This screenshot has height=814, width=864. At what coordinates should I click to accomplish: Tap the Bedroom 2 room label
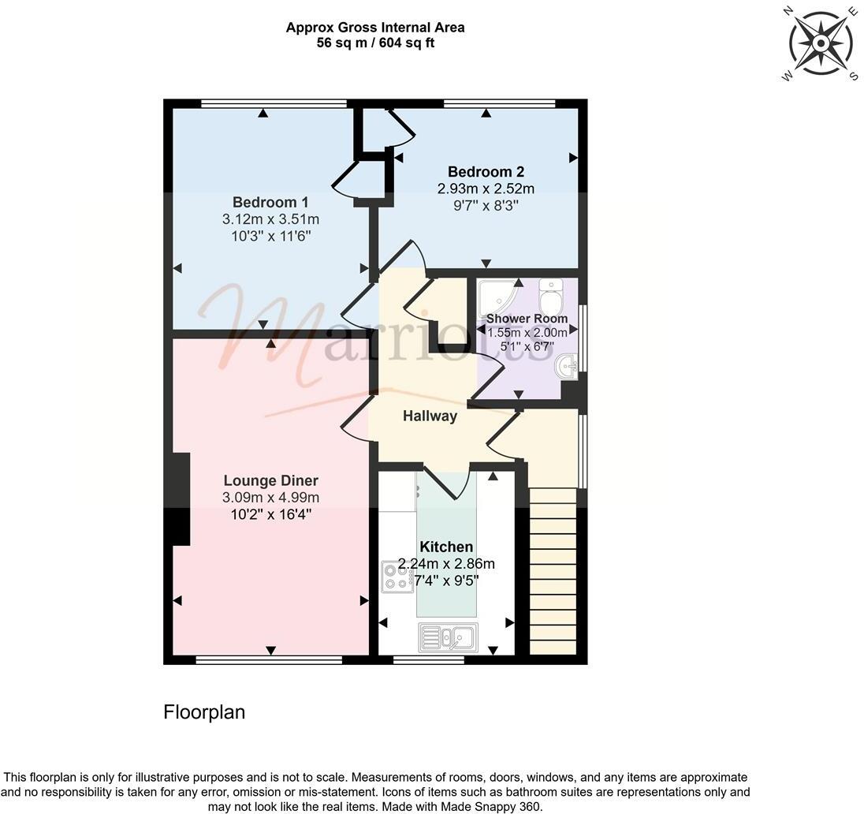(x=486, y=172)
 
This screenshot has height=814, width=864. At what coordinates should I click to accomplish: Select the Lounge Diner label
(x=270, y=480)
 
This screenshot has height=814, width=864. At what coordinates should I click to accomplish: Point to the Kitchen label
(x=446, y=547)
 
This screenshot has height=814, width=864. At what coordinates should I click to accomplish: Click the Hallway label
(x=430, y=416)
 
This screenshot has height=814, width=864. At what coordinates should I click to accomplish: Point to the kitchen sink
(x=446, y=637)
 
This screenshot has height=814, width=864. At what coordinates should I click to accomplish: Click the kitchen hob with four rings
(x=397, y=577)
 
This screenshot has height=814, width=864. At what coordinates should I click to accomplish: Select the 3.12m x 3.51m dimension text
(x=270, y=219)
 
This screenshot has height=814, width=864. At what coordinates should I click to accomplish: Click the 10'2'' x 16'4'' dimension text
(x=270, y=513)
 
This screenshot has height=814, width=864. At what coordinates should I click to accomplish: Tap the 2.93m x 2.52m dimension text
(x=486, y=189)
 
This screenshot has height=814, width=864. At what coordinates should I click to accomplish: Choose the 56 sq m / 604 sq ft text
(x=375, y=43)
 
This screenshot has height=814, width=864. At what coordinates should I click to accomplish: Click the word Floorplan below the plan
(x=204, y=712)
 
